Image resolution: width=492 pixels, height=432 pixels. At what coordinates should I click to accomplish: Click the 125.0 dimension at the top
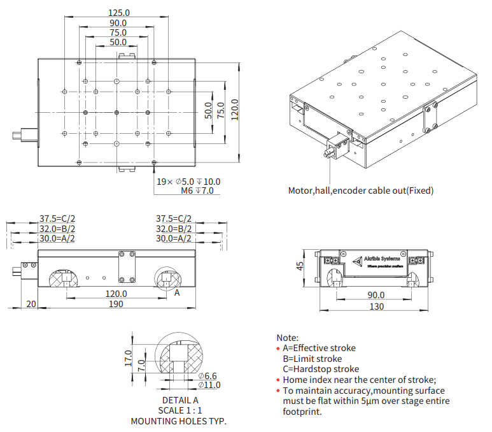pos(119,13)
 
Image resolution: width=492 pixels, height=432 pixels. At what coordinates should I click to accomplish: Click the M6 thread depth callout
pos(197,191)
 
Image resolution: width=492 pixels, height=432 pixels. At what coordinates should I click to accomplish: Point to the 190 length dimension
pos(115,304)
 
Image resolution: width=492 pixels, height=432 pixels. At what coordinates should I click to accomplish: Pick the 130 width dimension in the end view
pos(376,306)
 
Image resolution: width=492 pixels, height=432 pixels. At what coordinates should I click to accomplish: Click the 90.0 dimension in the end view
pos(376,294)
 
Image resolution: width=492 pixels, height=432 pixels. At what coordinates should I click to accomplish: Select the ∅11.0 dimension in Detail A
pos(209,385)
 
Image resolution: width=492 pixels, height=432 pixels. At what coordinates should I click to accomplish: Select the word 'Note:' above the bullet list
pos(287,337)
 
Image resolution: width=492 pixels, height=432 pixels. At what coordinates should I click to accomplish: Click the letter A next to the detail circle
pos(178,293)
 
